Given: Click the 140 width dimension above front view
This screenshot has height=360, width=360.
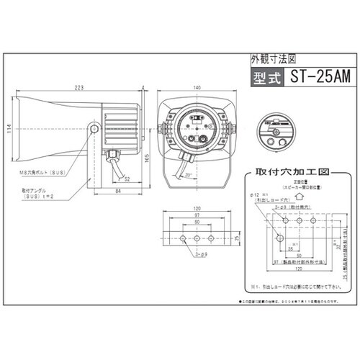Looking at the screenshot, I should [x=195, y=87].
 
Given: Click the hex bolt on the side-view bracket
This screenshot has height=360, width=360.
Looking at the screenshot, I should [x=95, y=128].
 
